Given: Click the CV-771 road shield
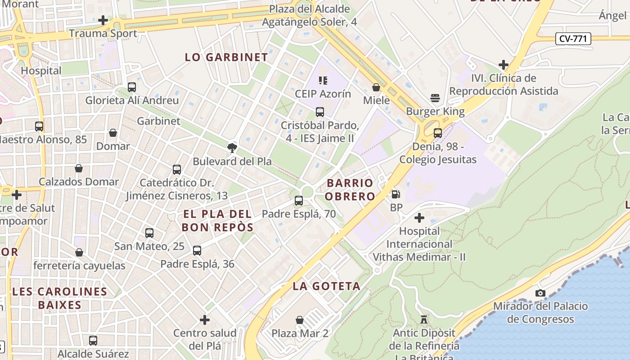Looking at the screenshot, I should click(573, 39).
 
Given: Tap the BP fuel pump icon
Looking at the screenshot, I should click(396, 194).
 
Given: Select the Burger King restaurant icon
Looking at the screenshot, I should click(435, 98).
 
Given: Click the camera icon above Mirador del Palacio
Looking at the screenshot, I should click(540, 293).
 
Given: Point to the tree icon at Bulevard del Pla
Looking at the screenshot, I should click(232, 148).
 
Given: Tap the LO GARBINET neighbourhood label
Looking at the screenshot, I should click(227, 57).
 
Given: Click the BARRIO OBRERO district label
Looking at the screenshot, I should click(350, 189).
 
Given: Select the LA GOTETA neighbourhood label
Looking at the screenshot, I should click(327, 286).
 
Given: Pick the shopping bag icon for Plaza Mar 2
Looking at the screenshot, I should click(300, 320).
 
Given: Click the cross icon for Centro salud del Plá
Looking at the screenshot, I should click(205, 320).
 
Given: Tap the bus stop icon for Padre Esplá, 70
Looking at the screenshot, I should click(299, 201).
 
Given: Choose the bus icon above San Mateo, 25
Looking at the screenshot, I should click(149, 233).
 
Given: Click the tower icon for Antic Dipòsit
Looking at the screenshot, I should click(423, 319).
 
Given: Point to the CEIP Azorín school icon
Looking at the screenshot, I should click(323, 81).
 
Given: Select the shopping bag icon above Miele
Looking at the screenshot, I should click(376, 87).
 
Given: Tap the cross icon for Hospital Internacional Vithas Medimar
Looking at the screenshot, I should click(419, 218).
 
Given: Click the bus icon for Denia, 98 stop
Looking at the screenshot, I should click(438, 133).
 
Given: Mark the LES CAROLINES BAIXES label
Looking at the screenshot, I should click(60, 298).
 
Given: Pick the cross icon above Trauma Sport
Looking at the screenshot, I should click(103, 20).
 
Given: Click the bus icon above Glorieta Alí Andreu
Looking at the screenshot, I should click(132, 87).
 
